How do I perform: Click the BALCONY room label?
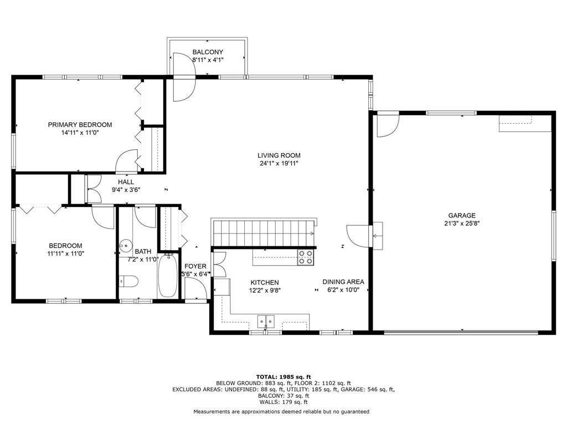(208, 52)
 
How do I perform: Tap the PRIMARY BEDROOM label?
(80, 125)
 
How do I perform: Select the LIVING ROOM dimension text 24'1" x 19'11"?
(279, 163)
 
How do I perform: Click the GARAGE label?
(462, 215)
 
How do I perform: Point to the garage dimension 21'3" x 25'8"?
(462, 224)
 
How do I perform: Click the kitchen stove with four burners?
(306, 257)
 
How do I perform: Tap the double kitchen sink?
(266, 321)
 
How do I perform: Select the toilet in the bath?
(128, 281)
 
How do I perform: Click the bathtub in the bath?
(168, 276)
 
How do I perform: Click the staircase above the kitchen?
(264, 233)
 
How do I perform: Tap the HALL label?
(126, 182)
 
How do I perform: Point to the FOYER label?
(195, 266)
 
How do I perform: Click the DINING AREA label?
(343, 282)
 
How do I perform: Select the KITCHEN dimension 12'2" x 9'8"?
(265, 290)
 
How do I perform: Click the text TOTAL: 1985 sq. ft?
(283, 376)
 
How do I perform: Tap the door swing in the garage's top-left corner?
(388, 126)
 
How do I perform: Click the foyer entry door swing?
(195, 288)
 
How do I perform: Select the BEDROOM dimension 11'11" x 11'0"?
(65, 253)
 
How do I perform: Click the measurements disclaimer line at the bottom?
(281, 411)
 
